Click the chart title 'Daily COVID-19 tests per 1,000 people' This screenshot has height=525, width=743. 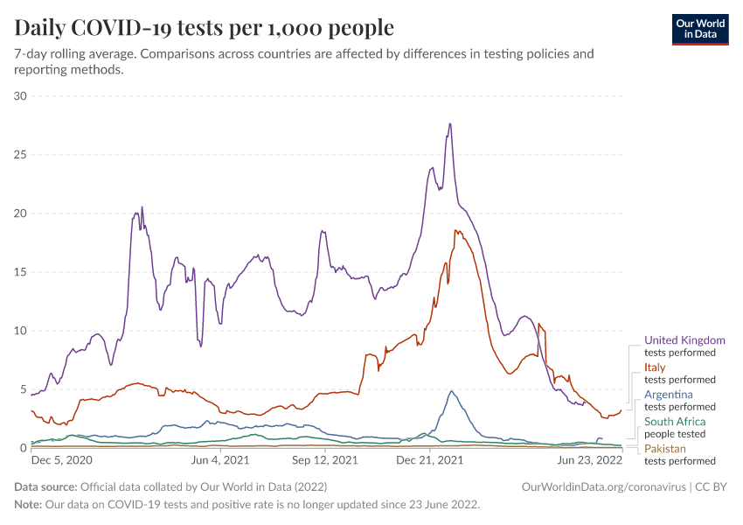point(204,28)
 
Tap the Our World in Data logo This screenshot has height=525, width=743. point(699,28)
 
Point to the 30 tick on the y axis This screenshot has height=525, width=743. point(21,96)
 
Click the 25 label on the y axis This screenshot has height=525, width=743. point(21,155)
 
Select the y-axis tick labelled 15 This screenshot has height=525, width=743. point(21,272)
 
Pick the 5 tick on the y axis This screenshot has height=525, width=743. point(24,389)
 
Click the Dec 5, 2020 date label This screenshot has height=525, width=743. point(61,459)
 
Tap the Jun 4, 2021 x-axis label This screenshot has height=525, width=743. point(220,459)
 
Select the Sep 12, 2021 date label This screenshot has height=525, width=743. point(325,459)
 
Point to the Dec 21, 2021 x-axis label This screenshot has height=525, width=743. point(429,459)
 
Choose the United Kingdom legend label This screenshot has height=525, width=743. point(684,340)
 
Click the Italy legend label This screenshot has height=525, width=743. point(655,367)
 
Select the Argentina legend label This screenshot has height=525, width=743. point(669,395)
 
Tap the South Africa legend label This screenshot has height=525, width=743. point(675,422)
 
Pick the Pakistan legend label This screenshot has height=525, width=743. point(665,449)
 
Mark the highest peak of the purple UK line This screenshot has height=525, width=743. point(449,123)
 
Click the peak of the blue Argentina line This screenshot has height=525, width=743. point(451,391)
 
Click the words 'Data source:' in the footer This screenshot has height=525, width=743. point(45,486)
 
